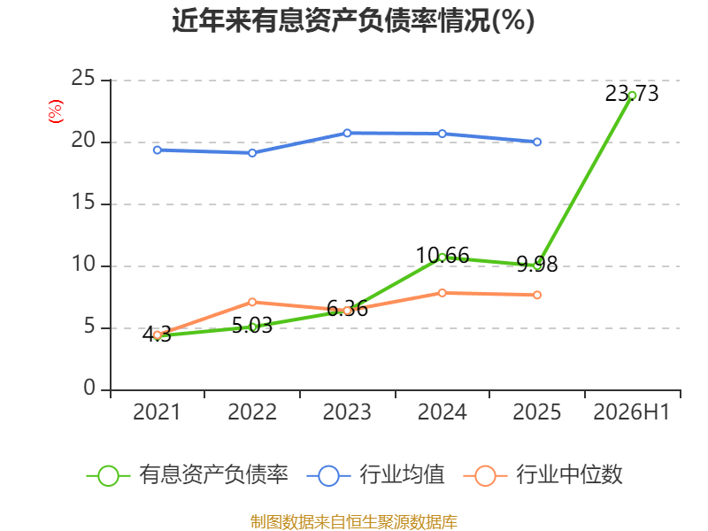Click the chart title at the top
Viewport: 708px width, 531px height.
point(353,20)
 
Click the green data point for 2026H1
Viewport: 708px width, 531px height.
point(632,96)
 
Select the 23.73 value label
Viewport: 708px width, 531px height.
point(632,94)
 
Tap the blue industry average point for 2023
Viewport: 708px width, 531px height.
point(347,133)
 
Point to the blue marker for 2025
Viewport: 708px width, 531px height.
point(537,142)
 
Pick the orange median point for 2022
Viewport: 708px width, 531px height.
point(252,302)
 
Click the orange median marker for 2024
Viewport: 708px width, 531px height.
point(442,293)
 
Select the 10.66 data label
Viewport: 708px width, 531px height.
point(442,256)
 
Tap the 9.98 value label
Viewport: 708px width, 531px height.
point(537,264)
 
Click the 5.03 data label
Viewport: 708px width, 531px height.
point(252,326)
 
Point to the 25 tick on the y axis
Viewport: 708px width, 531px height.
point(83,78)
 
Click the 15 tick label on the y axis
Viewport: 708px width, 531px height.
point(83,202)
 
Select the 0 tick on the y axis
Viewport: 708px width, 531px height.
point(89,388)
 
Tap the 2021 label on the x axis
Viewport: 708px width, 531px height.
point(157,412)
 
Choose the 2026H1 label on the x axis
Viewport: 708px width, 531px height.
point(632,412)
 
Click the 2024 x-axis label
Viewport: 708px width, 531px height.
point(442,412)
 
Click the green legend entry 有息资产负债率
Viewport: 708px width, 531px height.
point(187,475)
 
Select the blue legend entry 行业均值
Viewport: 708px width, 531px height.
point(375,475)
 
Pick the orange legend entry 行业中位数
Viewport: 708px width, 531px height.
point(543,475)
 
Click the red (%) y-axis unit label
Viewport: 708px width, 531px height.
point(56,112)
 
